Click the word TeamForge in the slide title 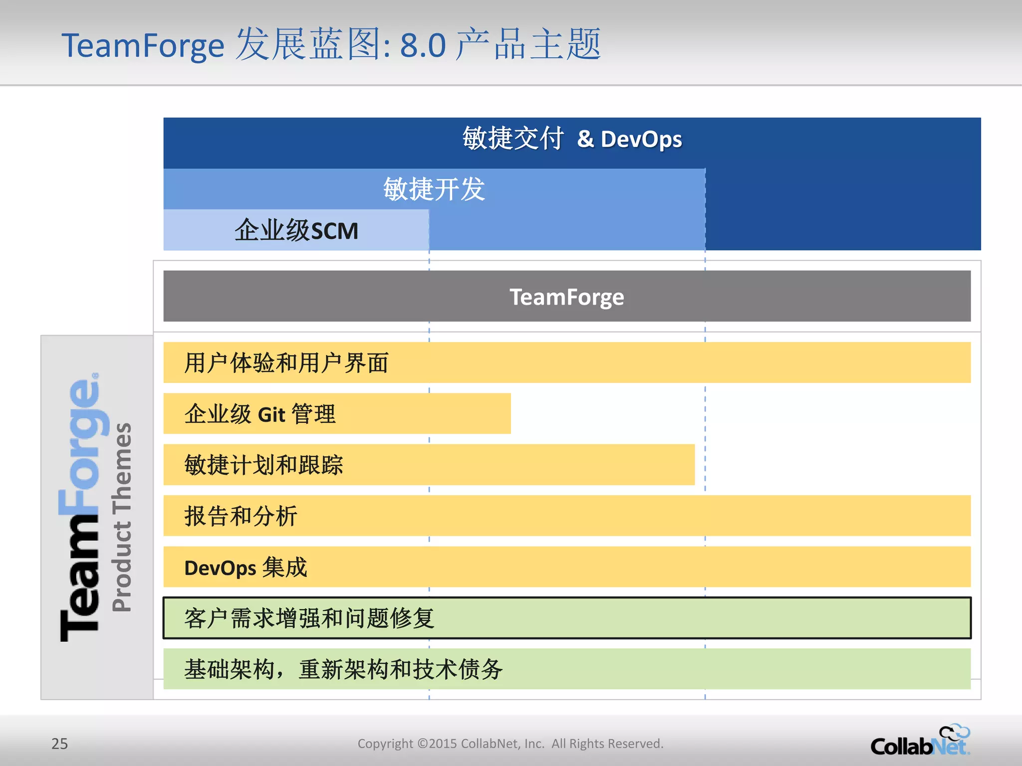[143, 46]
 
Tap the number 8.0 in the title [423, 46]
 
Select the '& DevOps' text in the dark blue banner [629, 139]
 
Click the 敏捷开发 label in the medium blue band [434, 190]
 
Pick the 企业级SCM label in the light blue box [296, 230]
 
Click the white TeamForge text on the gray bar [566, 297]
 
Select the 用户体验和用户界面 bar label [286, 363]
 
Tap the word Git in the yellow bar [271, 414]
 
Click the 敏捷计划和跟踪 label [263, 465]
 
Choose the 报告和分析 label [241, 516]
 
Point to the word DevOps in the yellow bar [220, 568]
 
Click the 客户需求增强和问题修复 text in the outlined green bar [309, 618]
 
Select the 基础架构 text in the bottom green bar [230, 669]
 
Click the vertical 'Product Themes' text [122, 517]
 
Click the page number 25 [59, 744]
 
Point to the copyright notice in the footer [510, 744]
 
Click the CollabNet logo [919, 746]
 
